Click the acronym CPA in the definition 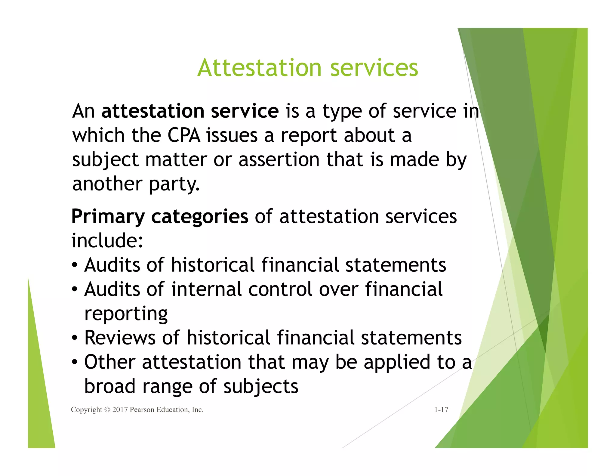click(x=184, y=135)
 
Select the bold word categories click(x=200, y=217)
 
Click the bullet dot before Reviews click(x=75, y=338)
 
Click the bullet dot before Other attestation click(x=75, y=363)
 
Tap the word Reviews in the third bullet click(x=120, y=338)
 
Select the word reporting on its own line click(x=126, y=314)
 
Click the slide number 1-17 click(x=441, y=410)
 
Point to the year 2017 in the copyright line click(x=120, y=410)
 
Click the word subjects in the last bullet click(x=260, y=387)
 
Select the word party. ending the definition click(x=174, y=184)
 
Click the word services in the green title click(x=374, y=68)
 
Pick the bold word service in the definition click(x=245, y=111)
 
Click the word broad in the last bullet click(x=110, y=386)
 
